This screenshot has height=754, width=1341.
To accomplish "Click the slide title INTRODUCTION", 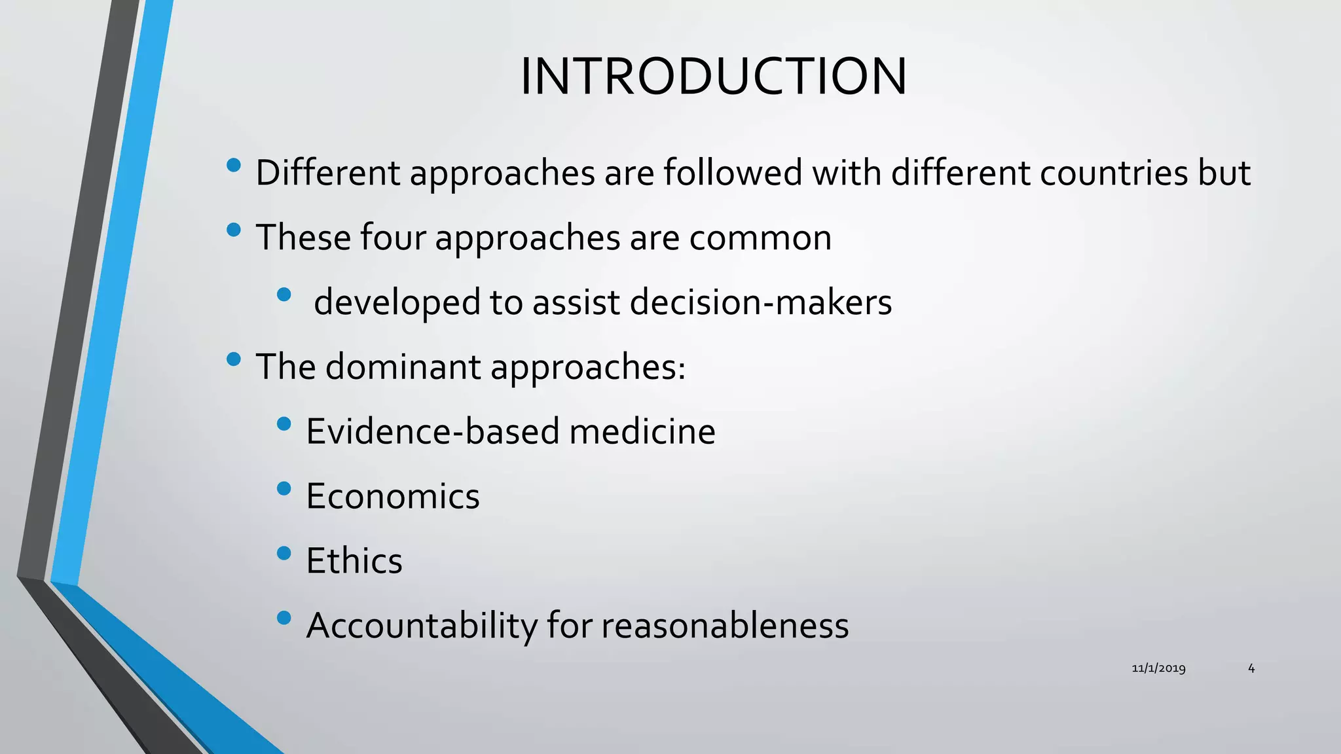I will (x=714, y=77).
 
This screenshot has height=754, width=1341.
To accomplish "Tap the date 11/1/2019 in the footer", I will (x=1158, y=668).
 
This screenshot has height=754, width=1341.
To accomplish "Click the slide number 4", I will (x=1251, y=668).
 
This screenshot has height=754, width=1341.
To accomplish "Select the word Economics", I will (x=393, y=496).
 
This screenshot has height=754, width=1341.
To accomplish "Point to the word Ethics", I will (x=354, y=561).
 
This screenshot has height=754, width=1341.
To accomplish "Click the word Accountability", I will (x=422, y=626).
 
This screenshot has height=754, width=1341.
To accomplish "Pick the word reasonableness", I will (x=725, y=626).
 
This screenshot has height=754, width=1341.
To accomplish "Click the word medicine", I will (x=642, y=432).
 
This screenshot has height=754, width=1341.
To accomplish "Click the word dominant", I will (x=403, y=367).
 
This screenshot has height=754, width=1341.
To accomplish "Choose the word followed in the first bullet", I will (x=733, y=173).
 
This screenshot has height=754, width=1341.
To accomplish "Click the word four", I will (x=393, y=238).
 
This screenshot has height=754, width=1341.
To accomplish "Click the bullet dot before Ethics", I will (x=284, y=553).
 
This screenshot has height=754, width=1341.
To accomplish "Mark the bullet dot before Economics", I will (x=284, y=488).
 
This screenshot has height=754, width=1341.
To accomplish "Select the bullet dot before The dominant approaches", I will (x=233, y=359).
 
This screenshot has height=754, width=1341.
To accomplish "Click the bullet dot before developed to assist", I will (x=284, y=295).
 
